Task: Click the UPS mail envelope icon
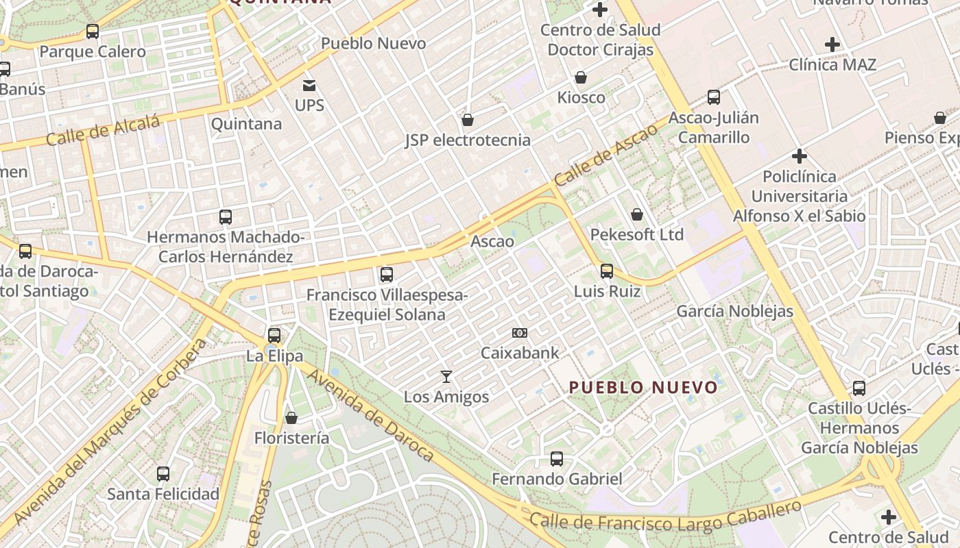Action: pos(309,86)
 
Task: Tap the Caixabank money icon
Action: pos(520,333)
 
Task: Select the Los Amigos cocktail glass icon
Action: pos(446,376)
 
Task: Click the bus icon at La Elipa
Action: pos(274,336)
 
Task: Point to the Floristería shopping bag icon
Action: pos(291,417)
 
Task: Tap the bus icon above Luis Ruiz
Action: pos(607,271)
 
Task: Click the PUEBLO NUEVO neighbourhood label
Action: pos(643,388)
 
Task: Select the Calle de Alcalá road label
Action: pos(103,130)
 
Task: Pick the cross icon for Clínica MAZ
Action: pos(832,45)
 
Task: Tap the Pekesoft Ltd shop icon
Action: pos(637,214)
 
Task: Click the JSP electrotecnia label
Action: pos(468,140)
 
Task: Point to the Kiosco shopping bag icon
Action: pos(581,77)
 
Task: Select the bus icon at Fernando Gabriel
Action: pos(557,459)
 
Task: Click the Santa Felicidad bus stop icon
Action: pos(163,473)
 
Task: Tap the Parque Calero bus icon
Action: pos(93,32)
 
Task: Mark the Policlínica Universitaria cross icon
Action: pos(799,156)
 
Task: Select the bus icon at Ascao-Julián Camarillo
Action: pos(714,97)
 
